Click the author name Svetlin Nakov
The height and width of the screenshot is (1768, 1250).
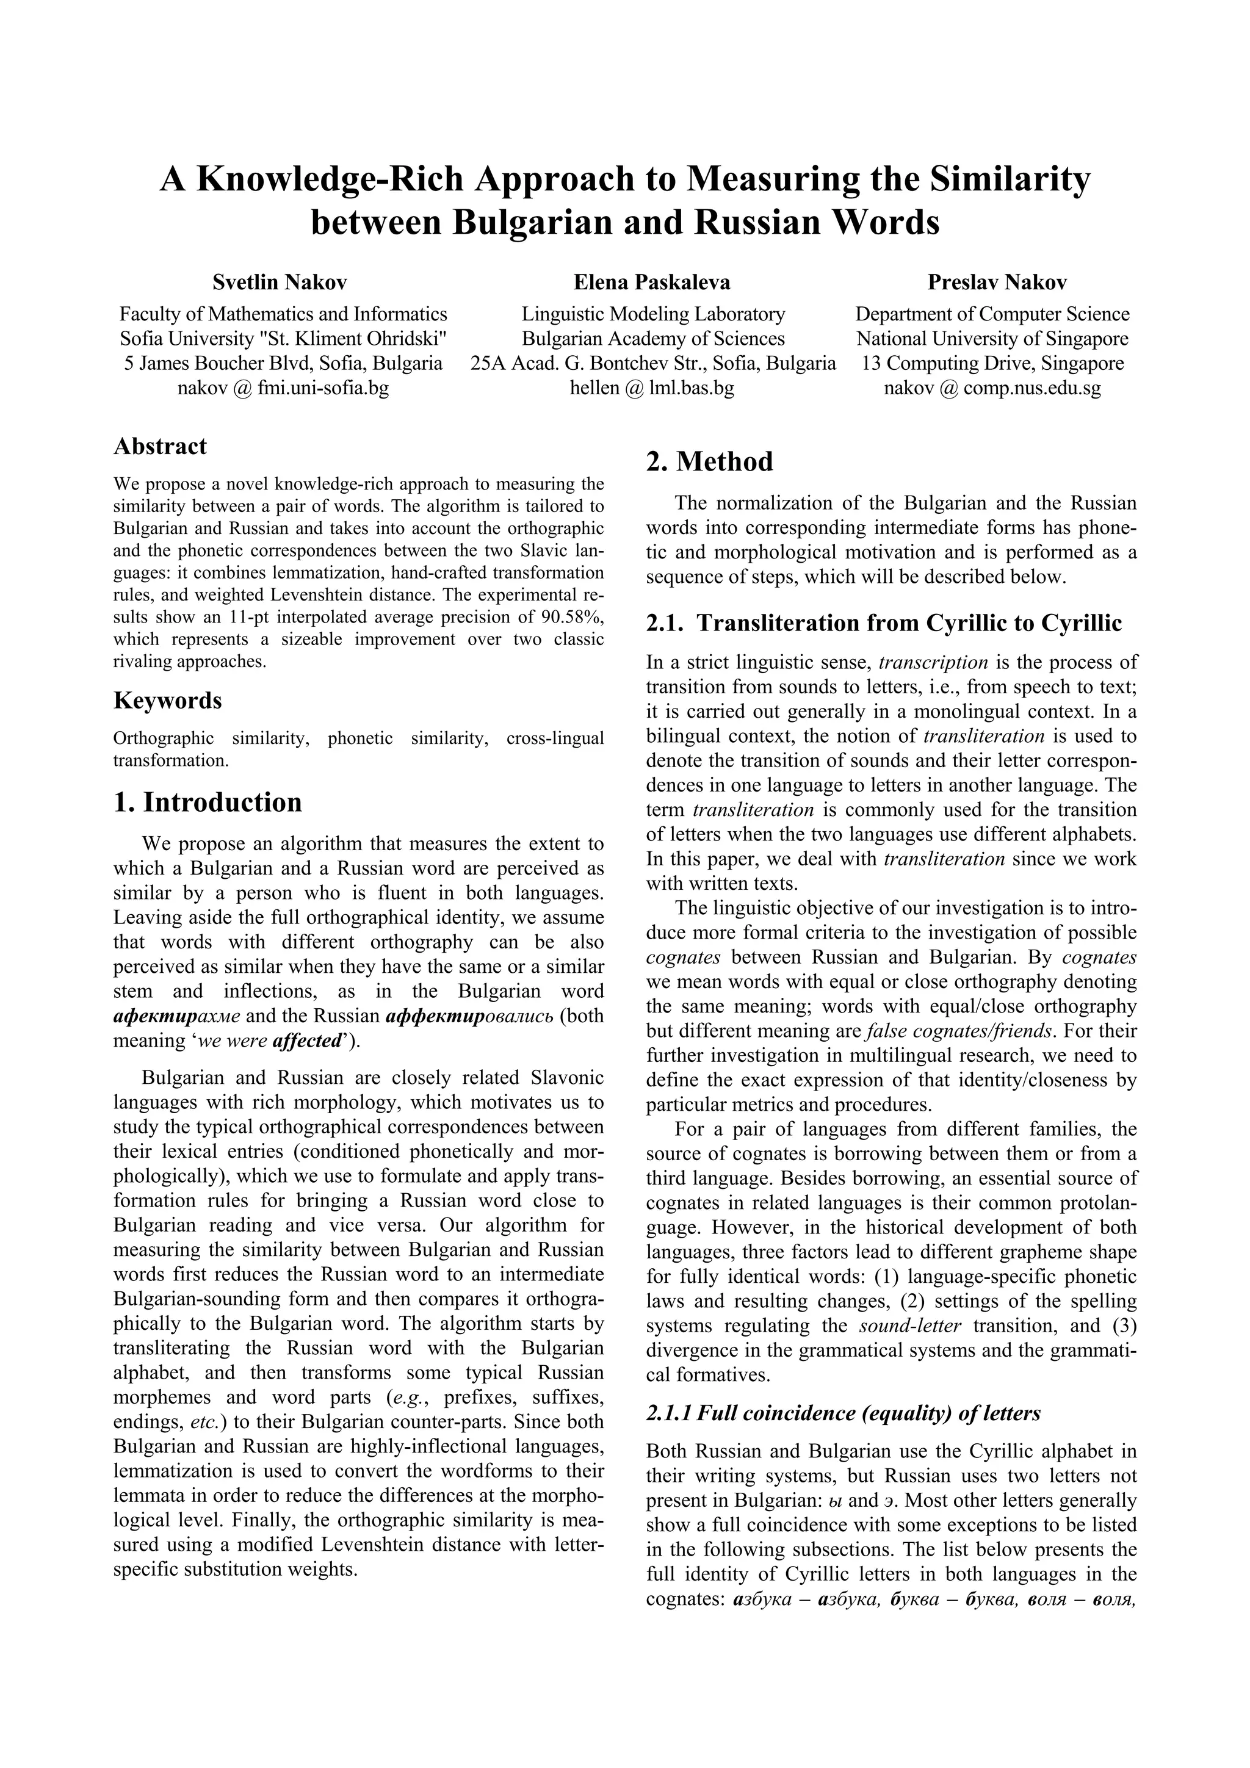[280, 283]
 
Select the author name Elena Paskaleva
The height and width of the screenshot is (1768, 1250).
[652, 283]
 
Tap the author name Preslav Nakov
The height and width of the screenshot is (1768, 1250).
[997, 283]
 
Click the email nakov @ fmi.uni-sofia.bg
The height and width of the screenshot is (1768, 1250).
[283, 388]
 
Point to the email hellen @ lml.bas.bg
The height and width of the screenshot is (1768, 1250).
[652, 388]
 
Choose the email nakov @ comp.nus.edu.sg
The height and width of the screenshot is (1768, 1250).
[992, 388]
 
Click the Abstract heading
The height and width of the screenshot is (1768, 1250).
[160, 447]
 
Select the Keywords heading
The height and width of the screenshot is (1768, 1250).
[167, 701]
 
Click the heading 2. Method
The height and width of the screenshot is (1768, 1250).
[709, 462]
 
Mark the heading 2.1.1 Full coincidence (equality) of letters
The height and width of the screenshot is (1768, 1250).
[842, 1413]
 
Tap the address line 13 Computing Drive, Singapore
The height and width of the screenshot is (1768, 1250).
[992, 363]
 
